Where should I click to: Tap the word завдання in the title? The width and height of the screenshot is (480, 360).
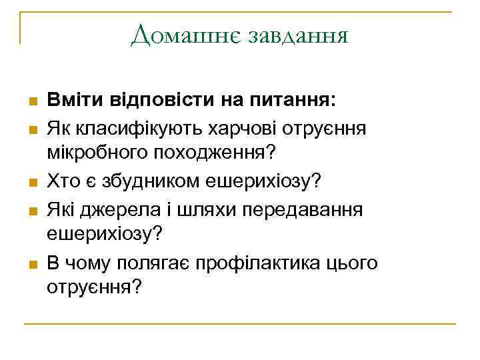point(297,34)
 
